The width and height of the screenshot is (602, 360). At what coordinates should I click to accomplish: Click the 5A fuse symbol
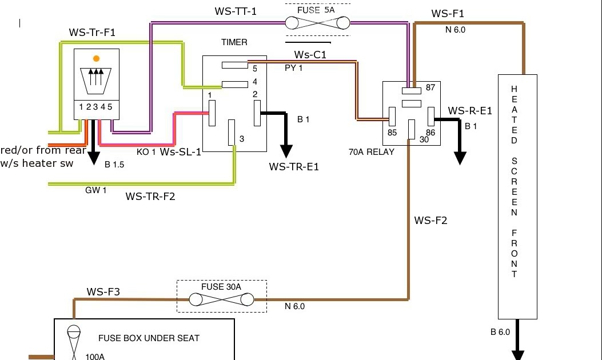click(318, 23)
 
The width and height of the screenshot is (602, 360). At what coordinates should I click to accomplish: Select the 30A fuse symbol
click(222, 299)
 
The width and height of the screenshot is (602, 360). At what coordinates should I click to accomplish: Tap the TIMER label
click(234, 42)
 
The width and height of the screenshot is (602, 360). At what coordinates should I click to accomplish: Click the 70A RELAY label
click(372, 153)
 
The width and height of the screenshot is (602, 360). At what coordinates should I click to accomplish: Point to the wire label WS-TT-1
click(235, 11)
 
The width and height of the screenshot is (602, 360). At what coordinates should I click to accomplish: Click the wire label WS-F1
click(448, 14)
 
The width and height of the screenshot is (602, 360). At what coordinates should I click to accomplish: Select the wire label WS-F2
click(430, 221)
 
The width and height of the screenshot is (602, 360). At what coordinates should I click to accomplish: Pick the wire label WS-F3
click(103, 292)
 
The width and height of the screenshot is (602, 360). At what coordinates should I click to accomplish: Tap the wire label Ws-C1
click(310, 55)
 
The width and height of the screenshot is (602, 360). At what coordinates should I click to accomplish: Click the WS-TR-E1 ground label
click(294, 167)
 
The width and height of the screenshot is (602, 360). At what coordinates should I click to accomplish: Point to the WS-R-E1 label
click(470, 111)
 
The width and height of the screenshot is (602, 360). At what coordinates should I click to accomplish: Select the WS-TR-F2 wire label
click(150, 197)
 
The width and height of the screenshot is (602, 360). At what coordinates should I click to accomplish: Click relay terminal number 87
click(430, 88)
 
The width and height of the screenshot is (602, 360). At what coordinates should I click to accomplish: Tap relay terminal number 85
click(392, 133)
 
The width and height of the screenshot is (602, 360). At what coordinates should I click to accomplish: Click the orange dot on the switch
click(96, 58)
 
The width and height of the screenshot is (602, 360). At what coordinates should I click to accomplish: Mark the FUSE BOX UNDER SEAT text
click(149, 338)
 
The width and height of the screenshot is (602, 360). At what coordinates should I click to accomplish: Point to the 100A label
click(95, 357)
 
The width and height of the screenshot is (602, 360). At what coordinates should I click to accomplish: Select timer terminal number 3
click(242, 139)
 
